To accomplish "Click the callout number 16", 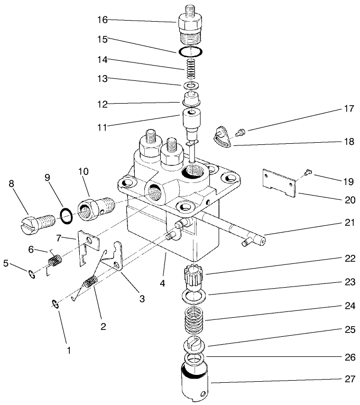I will (102, 20).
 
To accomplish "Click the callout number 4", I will (163, 283).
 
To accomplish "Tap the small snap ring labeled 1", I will (55, 303).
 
